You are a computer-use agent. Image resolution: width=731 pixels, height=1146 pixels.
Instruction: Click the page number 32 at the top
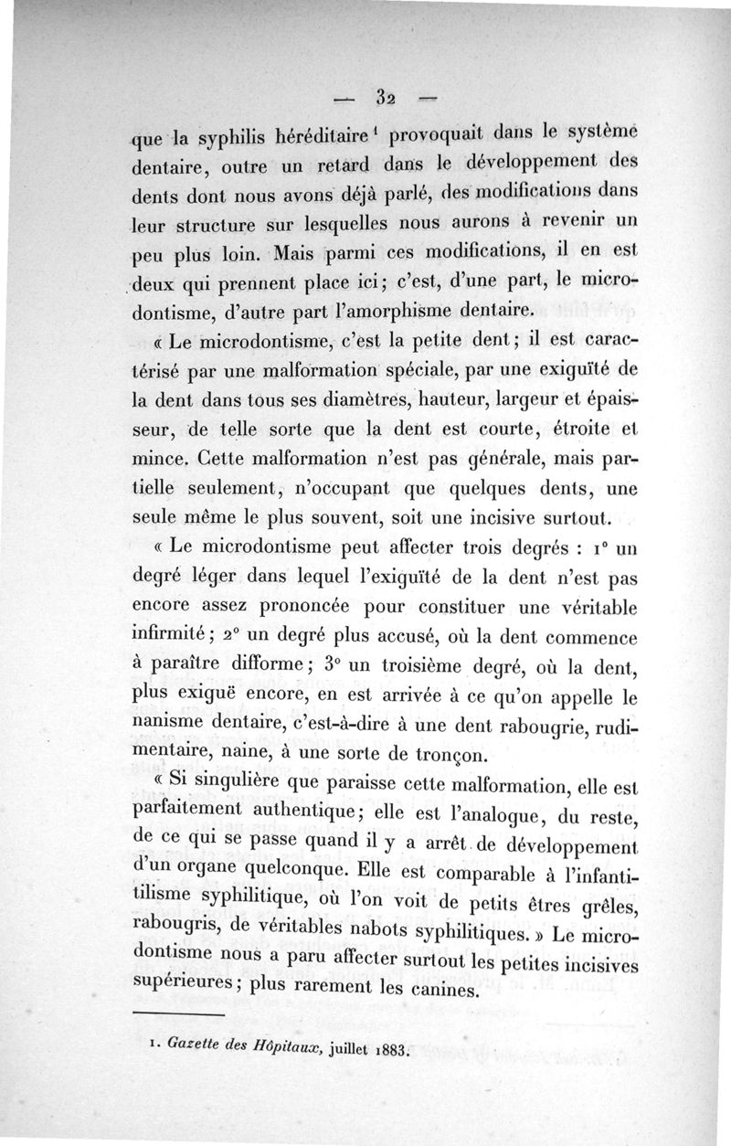pos(384,97)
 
